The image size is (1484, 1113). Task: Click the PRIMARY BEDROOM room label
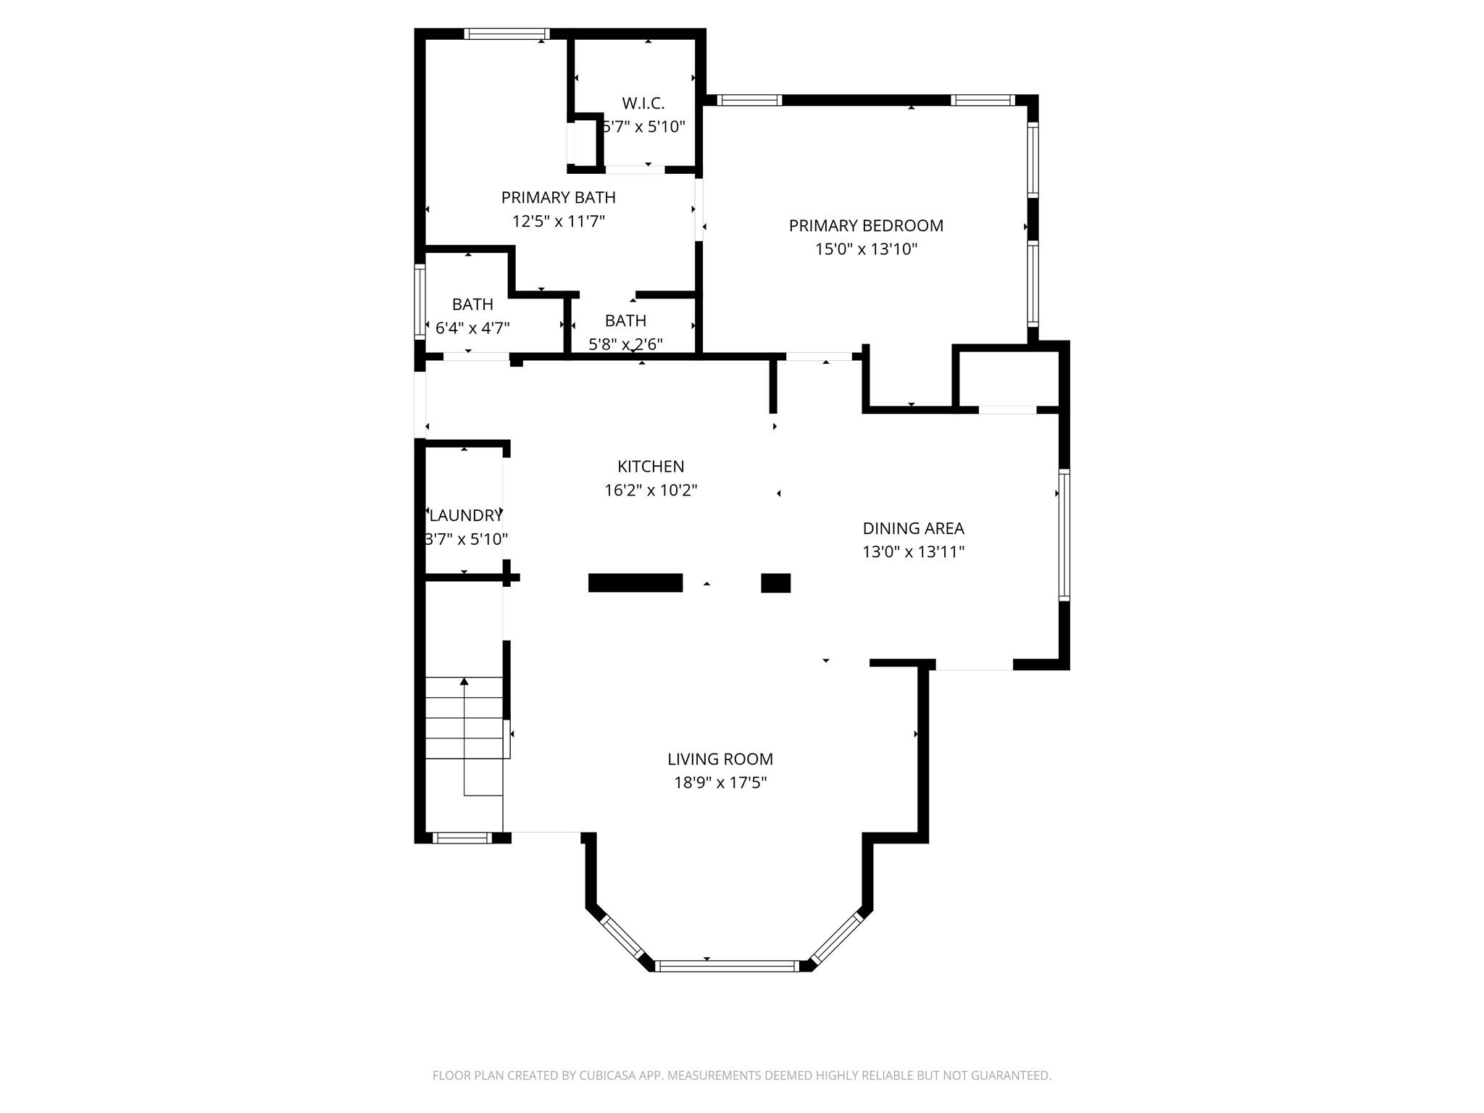(x=866, y=225)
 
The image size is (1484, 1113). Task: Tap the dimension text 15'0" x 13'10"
(x=866, y=249)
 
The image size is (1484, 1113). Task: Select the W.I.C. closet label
(x=643, y=103)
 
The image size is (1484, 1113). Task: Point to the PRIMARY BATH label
(x=558, y=197)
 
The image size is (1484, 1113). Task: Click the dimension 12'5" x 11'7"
(x=558, y=221)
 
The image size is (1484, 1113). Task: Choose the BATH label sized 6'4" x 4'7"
(x=472, y=304)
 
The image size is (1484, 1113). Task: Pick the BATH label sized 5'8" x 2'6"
(x=625, y=320)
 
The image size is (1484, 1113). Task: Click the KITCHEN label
(x=651, y=467)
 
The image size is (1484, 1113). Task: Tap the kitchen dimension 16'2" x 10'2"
(x=651, y=491)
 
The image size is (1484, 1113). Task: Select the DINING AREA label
(x=913, y=528)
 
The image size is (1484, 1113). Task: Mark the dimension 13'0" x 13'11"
(x=913, y=552)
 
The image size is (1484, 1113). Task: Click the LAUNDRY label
(x=465, y=515)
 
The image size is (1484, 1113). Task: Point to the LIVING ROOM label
(x=720, y=759)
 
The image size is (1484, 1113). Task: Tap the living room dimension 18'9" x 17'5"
(x=720, y=783)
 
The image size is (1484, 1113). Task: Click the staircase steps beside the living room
(x=464, y=717)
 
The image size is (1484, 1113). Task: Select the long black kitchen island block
(x=635, y=583)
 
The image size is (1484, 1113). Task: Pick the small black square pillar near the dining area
(x=775, y=583)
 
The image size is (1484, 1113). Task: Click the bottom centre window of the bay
(x=727, y=965)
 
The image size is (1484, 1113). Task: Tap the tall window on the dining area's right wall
(x=1064, y=535)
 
